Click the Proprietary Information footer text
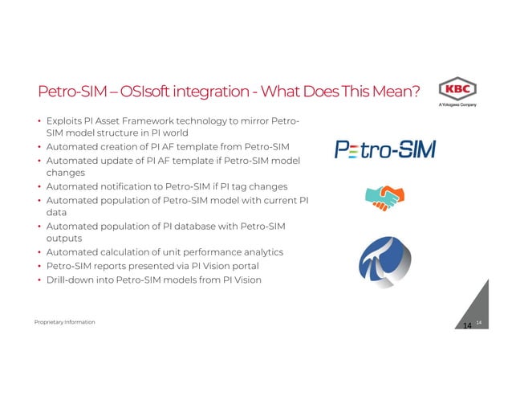pos(64,322)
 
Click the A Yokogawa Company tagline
pos(457,105)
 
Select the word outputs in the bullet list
pos(65,239)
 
